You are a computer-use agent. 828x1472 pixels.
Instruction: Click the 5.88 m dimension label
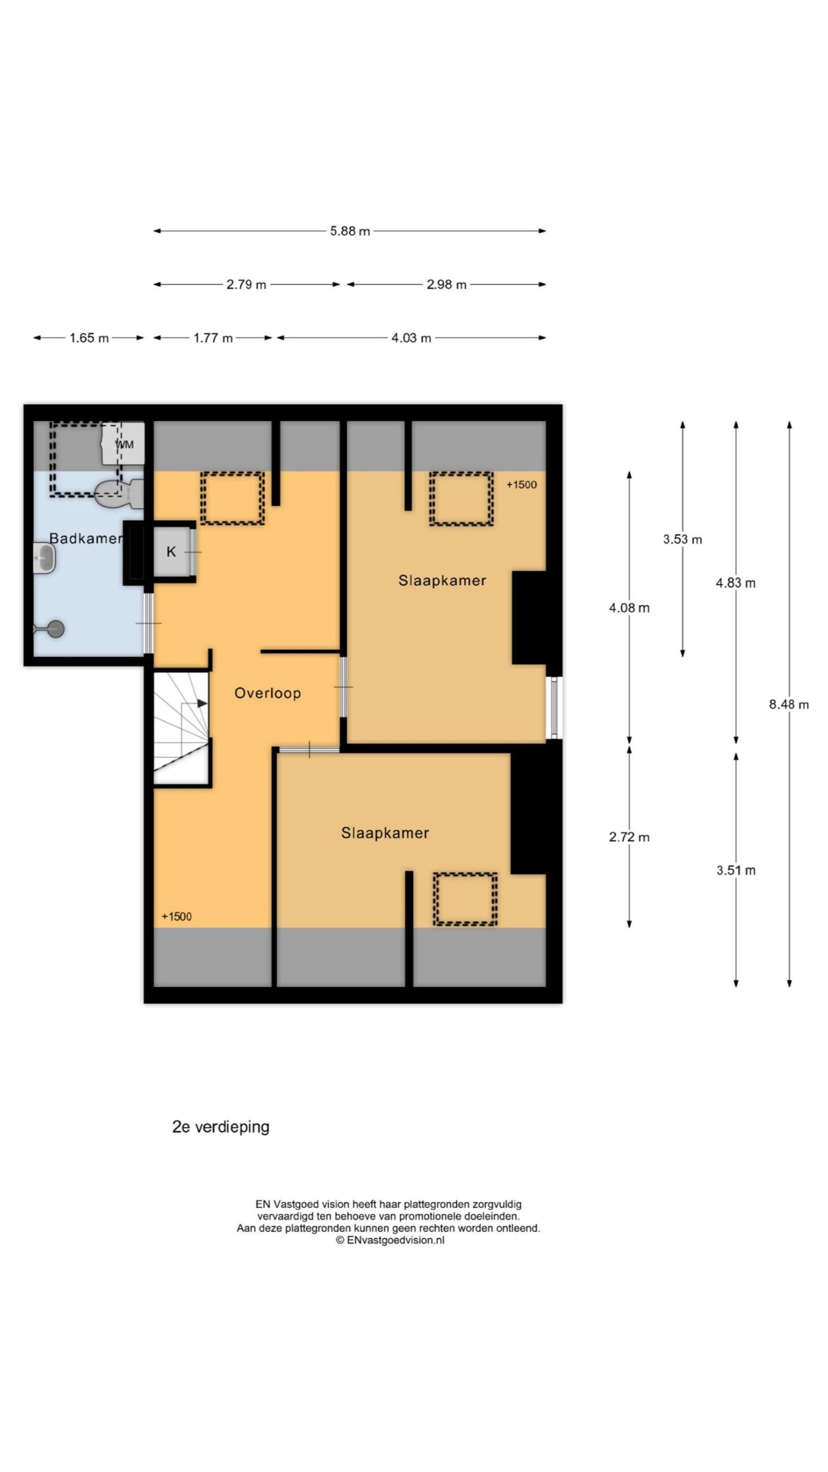[350, 231]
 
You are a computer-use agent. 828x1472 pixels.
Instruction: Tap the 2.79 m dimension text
[246, 285]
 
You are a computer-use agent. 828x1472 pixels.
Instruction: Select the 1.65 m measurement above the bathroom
[89, 338]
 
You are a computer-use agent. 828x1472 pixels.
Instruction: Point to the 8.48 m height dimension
[789, 704]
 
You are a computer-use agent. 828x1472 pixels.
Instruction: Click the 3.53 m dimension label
[683, 539]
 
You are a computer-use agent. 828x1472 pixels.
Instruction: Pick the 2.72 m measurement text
[629, 837]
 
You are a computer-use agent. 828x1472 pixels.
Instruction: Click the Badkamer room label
[86, 539]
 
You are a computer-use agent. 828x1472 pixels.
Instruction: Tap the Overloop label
[267, 693]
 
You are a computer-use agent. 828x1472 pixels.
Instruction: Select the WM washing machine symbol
[123, 444]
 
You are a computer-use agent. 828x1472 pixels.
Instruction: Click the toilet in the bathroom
[119, 494]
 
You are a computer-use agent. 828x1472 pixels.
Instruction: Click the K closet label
[171, 552]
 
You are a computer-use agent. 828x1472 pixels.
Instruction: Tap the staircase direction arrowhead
[202, 703]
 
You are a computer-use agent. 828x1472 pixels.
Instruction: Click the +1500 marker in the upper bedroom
[522, 485]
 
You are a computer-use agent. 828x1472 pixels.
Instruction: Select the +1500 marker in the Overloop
[177, 917]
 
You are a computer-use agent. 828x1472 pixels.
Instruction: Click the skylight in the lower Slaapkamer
[465, 899]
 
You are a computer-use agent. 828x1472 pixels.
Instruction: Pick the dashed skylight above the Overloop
[232, 498]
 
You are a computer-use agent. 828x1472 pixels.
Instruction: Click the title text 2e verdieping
[221, 1127]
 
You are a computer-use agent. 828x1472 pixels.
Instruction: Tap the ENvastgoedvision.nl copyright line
[390, 1240]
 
